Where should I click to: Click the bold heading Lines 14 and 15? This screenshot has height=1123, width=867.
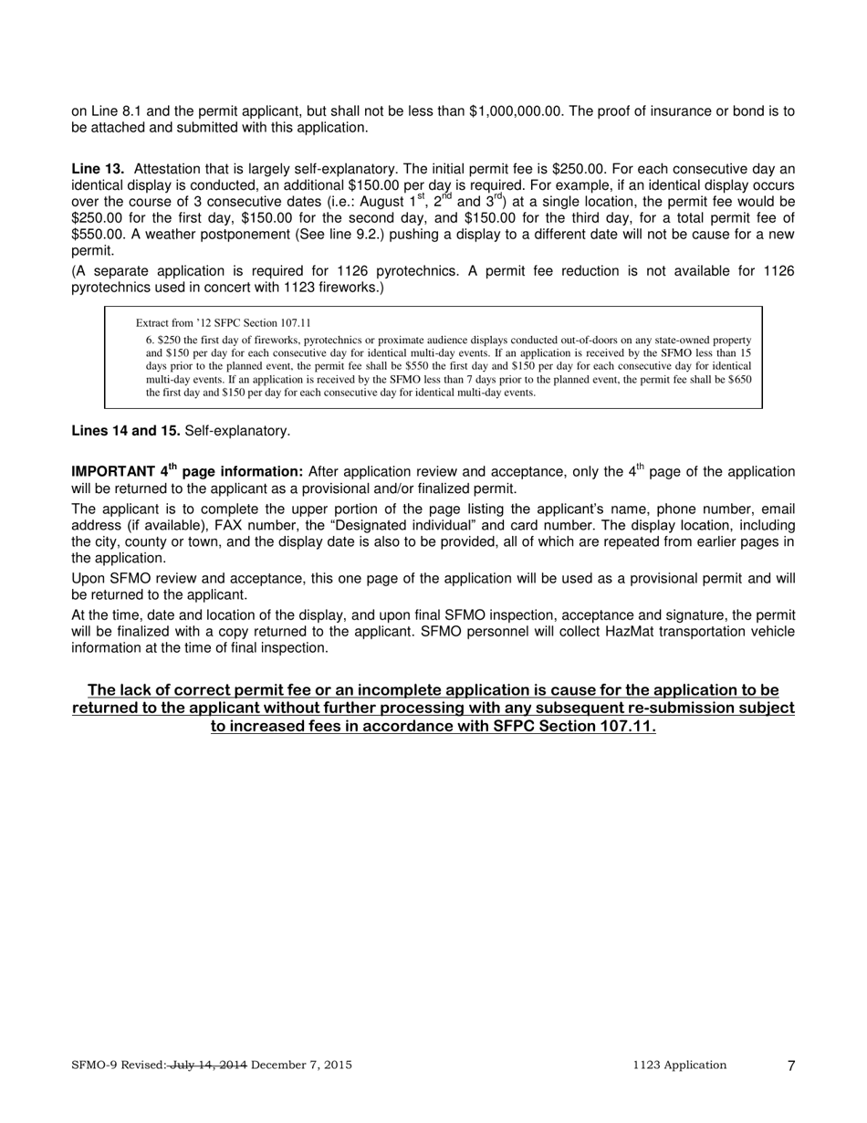point(126,431)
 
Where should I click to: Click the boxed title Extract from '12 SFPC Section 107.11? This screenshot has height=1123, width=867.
point(223,323)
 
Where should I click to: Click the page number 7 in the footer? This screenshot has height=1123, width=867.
point(791,1065)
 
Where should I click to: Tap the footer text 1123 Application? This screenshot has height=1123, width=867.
point(679,1065)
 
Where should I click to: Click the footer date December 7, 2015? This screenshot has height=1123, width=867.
point(301,1065)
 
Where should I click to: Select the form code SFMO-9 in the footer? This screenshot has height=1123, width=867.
point(93,1065)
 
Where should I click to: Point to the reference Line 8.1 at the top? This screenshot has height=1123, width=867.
point(113,111)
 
